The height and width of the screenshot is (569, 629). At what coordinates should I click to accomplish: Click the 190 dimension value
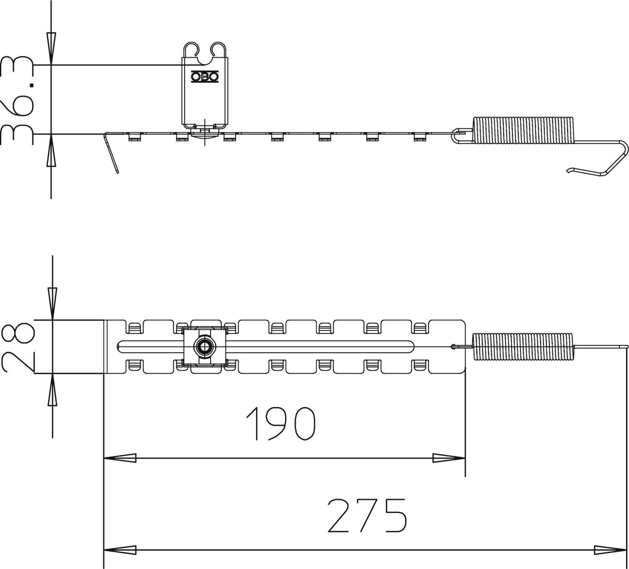(x=280, y=424)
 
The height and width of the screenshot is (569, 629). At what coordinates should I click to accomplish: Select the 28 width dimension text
(x=18, y=346)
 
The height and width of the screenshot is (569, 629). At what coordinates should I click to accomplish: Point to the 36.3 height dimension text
(x=18, y=101)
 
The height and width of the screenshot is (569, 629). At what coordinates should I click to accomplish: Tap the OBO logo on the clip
(x=205, y=77)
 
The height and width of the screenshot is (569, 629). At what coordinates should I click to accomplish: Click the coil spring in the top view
(x=522, y=346)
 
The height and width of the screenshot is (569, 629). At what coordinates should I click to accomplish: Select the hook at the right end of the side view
(x=604, y=161)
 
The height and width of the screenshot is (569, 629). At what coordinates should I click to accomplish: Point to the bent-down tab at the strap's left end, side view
(x=112, y=154)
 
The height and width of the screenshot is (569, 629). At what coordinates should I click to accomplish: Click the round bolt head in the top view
(x=205, y=346)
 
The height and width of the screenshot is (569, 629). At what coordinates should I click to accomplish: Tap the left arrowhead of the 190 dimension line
(x=120, y=458)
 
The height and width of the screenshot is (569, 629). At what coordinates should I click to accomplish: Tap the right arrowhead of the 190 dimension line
(x=449, y=458)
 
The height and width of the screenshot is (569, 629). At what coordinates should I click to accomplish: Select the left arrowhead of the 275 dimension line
(x=120, y=550)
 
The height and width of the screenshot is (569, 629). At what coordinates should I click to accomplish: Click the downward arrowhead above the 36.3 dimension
(x=51, y=49)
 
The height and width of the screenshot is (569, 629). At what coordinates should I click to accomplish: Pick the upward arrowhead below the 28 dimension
(x=52, y=390)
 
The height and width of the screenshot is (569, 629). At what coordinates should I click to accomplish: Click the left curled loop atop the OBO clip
(x=191, y=49)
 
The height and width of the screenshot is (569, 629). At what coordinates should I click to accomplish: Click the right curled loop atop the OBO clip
(x=218, y=49)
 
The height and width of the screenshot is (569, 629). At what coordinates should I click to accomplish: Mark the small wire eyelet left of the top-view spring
(x=453, y=346)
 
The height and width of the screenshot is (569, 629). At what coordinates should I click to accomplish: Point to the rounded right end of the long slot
(x=411, y=346)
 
